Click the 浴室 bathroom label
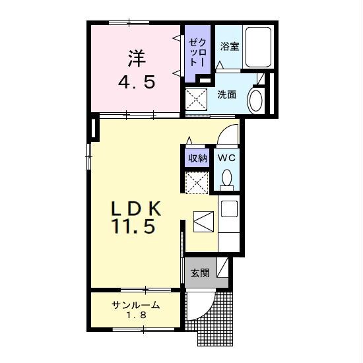[x=230, y=47]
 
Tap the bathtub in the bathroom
[x=258, y=47]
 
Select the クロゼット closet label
[x=197, y=52]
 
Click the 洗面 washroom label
[x=226, y=94]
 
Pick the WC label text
[x=226, y=158]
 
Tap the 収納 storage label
[x=197, y=158]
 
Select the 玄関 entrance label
[x=200, y=273]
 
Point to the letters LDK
[x=136, y=209]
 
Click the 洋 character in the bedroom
[x=137, y=59]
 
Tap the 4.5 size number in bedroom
[x=137, y=82]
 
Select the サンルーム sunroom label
[x=136, y=305]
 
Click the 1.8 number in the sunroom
[x=136, y=315]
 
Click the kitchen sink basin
[x=229, y=209]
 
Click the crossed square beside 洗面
[x=197, y=99]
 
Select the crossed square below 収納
[x=197, y=182]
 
